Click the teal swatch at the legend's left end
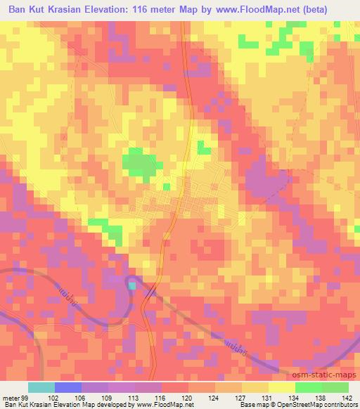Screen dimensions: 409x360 (41, 387)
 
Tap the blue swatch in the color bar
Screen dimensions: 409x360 (68, 387)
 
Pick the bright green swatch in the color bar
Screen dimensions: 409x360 (308, 387)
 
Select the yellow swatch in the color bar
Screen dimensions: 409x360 (281, 387)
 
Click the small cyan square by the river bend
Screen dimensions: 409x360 (131, 285)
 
